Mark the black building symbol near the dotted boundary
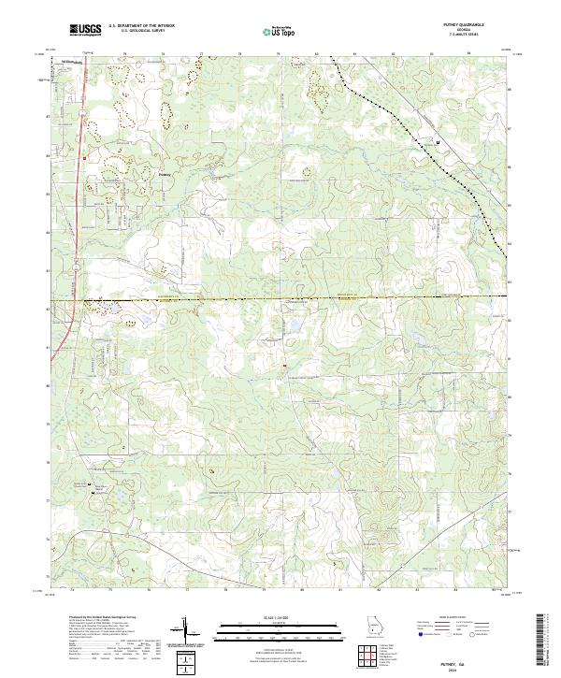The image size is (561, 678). [438, 141]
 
